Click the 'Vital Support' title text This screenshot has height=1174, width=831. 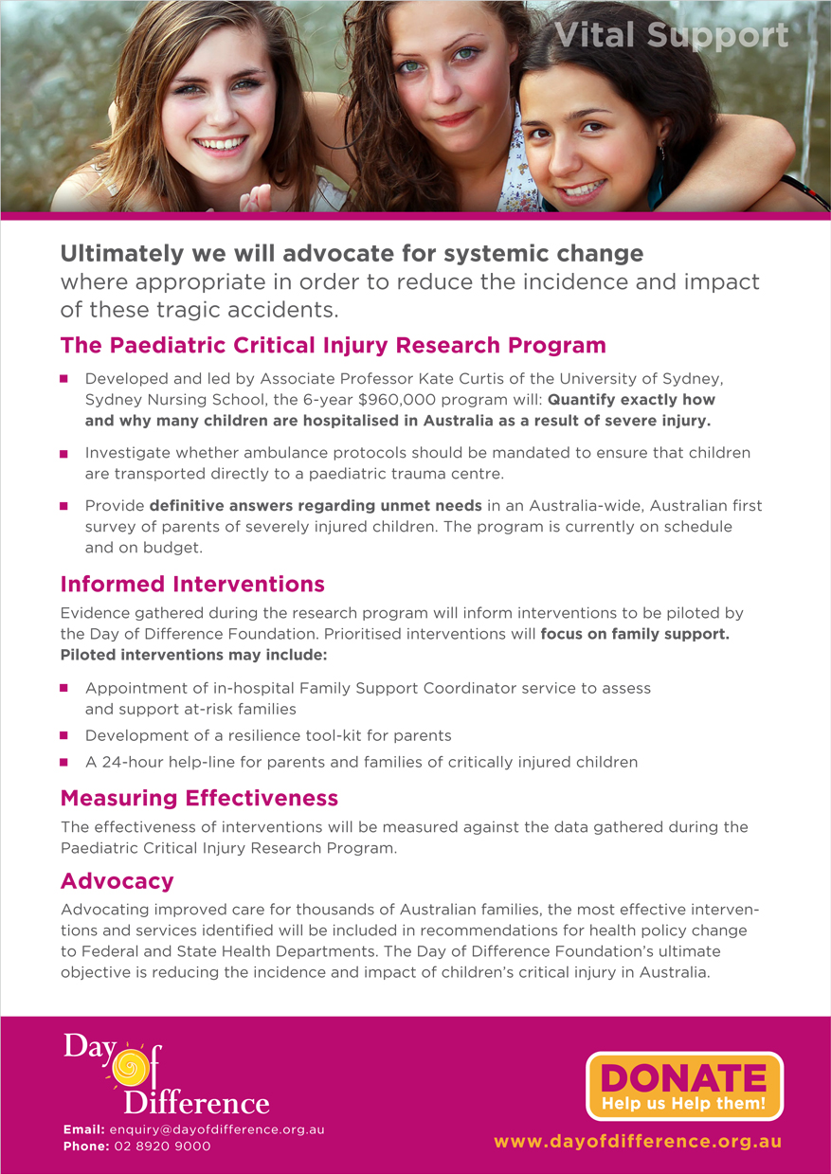click(x=671, y=35)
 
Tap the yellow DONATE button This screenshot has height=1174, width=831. click(x=684, y=1085)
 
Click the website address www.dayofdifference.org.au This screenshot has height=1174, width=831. click(x=638, y=1142)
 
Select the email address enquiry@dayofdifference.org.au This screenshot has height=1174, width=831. click(x=217, y=1129)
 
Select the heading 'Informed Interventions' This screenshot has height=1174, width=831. click(x=192, y=584)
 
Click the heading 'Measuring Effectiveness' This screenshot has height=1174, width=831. click(x=199, y=797)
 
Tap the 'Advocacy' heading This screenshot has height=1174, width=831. click(x=117, y=881)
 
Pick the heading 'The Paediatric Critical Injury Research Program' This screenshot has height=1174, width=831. click(x=333, y=345)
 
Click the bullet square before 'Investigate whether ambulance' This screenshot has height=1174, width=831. click(x=64, y=454)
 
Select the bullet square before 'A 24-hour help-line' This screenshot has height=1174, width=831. click(x=64, y=762)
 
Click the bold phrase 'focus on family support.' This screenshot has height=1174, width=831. click(x=635, y=634)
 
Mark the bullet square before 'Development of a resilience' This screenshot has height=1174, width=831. click(x=64, y=735)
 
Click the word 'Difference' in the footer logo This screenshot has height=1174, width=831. click(x=196, y=1102)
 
